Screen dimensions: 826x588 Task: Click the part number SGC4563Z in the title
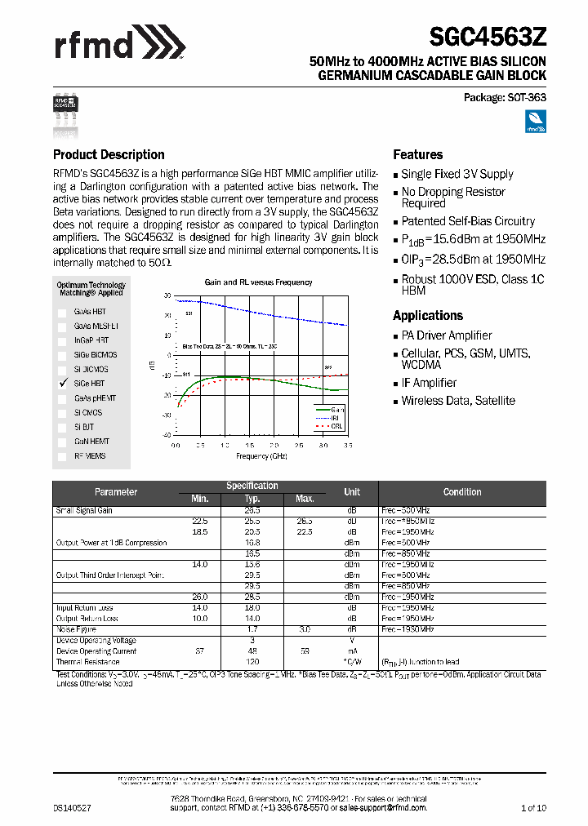(x=488, y=38)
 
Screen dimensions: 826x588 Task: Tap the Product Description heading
(x=109, y=154)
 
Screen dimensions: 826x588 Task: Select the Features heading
(x=418, y=154)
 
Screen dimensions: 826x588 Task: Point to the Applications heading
(x=428, y=315)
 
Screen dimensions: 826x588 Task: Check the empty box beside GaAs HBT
(x=62, y=312)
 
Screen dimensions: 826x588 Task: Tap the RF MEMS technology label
(x=90, y=456)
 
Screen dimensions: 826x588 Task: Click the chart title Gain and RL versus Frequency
(x=258, y=282)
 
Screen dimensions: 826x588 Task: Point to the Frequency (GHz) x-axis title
(x=257, y=456)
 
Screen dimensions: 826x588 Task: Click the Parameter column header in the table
(x=116, y=492)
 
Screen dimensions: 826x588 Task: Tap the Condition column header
(x=462, y=492)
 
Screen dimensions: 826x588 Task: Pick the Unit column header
(x=352, y=492)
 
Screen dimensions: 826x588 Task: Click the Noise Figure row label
(x=76, y=630)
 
